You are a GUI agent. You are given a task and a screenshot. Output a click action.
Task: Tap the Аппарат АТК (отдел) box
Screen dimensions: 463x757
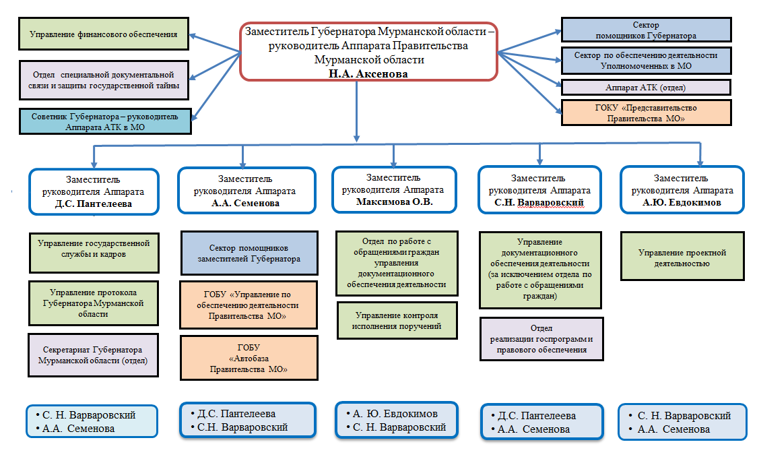pyautogui.click(x=646, y=88)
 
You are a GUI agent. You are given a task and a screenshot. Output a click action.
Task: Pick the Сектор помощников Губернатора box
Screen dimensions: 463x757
pyautogui.click(x=646, y=30)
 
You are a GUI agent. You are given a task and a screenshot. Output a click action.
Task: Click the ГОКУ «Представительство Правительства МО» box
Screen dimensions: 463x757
pyautogui.click(x=646, y=113)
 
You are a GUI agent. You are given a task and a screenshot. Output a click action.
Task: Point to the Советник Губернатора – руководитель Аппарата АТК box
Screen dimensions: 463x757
pyautogui.click(x=106, y=121)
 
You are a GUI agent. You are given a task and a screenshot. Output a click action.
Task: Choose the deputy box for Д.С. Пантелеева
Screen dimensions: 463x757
pyautogui.click(x=94, y=191)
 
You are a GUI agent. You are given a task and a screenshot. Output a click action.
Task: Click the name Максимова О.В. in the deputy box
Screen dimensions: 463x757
pyautogui.click(x=393, y=202)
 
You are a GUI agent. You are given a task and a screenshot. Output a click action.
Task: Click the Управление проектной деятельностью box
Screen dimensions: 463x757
pyautogui.click(x=682, y=257)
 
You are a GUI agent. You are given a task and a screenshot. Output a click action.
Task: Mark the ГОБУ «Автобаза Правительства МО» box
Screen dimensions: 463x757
pyautogui.click(x=249, y=358)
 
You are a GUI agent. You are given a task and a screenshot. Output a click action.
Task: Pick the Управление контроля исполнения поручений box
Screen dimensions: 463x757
pyautogui.click(x=396, y=321)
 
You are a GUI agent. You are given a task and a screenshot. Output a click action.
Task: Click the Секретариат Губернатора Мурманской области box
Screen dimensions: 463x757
pyautogui.click(x=94, y=354)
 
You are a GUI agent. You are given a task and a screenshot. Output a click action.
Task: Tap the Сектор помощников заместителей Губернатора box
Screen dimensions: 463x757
pyautogui.click(x=249, y=253)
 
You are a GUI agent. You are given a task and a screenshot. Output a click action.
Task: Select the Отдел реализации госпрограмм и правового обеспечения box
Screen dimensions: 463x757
pyautogui.click(x=541, y=338)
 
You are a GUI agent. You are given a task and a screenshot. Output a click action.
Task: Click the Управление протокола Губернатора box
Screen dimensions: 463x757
pyautogui.click(x=94, y=303)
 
